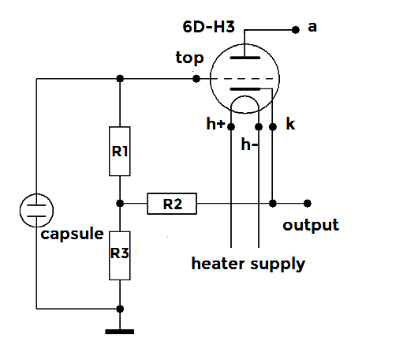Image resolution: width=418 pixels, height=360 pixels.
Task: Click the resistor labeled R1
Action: click(x=120, y=151)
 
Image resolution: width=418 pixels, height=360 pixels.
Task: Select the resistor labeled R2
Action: click(x=172, y=204)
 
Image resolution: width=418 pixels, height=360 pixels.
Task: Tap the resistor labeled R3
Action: click(x=120, y=256)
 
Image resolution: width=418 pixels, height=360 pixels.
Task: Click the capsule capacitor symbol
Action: click(x=36, y=211)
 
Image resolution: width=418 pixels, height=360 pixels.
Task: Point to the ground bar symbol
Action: click(x=120, y=332)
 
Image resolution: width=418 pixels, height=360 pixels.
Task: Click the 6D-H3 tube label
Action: click(x=208, y=27)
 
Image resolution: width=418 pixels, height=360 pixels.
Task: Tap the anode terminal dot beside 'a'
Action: click(x=296, y=30)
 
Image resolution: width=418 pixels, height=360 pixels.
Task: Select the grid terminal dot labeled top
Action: click(x=196, y=79)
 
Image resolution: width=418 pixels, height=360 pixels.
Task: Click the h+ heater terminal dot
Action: click(x=231, y=127)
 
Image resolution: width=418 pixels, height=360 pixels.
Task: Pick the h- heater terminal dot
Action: click(x=259, y=127)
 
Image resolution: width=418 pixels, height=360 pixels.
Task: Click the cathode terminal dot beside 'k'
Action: click(x=273, y=127)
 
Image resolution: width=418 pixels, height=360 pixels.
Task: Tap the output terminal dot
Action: click(x=308, y=204)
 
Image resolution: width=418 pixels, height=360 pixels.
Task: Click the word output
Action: click(x=311, y=225)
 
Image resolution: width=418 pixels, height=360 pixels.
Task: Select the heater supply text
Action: click(x=248, y=264)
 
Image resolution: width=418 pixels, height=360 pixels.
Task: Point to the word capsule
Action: click(x=72, y=234)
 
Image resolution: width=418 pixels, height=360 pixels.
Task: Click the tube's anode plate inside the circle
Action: click(x=245, y=58)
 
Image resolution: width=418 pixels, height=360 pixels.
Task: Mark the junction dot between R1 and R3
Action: click(x=120, y=204)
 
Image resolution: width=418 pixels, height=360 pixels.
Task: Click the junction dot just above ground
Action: click(x=120, y=309)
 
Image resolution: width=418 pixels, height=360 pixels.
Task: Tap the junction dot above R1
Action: click(x=120, y=79)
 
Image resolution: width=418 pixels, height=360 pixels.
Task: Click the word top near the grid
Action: click(x=189, y=58)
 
